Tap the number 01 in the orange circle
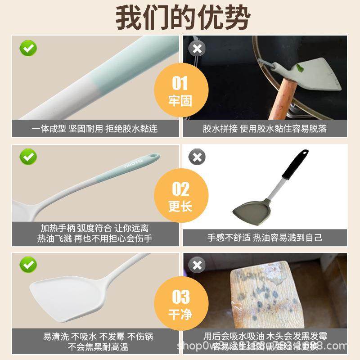point(180,83)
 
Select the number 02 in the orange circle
point(180,189)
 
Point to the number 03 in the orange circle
point(180,297)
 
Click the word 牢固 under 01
point(180,100)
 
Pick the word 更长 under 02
point(180,207)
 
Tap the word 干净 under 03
point(180,314)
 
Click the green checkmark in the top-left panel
point(28,48)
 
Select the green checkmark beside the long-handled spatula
point(28,157)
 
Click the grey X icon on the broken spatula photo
point(197,49)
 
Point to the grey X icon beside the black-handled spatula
point(197,157)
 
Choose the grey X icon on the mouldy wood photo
point(197,265)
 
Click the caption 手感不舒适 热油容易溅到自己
point(265,237)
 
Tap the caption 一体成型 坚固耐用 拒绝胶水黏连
point(94,129)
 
